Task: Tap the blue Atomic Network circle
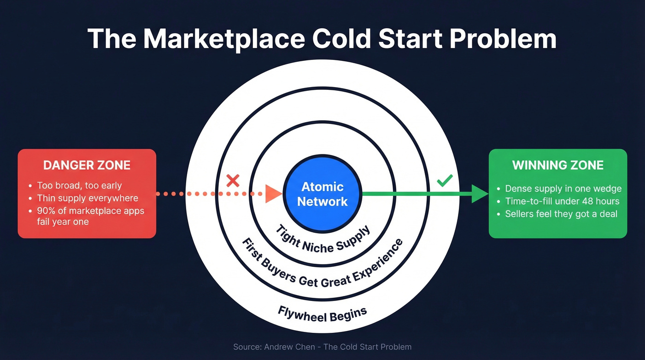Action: (x=322, y=194)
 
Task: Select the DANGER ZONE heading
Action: (x=87, y=165)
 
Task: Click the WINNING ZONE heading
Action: (x=557, y=165)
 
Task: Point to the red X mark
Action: (x=233, y=181)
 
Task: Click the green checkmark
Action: (x=445, y=181)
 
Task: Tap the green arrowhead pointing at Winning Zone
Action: (x=480, y=194)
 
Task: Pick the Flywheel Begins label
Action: (x=322, y=314)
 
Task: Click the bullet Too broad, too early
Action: (x=79, y=186)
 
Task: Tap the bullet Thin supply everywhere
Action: (x=88, y=198)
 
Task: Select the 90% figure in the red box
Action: (x=46, y=211)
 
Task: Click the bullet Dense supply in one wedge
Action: (x=563, y=189)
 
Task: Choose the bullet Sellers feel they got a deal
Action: (x=561, y=213)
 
